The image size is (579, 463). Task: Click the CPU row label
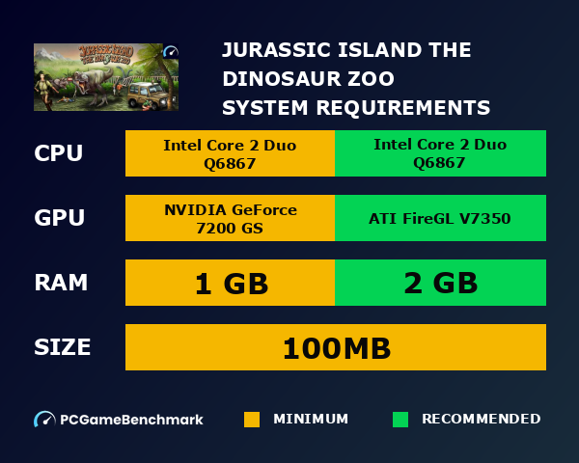(x=59, y=153)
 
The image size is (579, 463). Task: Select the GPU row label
(x=60, y=218)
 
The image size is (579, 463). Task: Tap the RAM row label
(x=61, y=283)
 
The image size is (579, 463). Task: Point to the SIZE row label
(x=63, y=346)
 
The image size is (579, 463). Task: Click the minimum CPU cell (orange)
(x=230, y=153)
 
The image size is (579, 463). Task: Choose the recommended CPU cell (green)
(x=440, y=153)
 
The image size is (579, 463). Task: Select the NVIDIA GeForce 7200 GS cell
(x=230, y=218)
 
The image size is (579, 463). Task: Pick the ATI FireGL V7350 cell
(x=440, y=218)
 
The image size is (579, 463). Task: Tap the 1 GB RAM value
(x=230, y=284)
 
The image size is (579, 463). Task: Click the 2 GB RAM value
(x=440, y=284)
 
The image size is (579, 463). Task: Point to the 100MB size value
(x=336, y=347)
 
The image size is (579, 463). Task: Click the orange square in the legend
(x=252, y=420)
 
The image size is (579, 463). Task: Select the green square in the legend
(x=400, y=420)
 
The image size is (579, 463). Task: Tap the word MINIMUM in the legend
(x=311, y=420)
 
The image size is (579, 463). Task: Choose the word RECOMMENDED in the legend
(x=481, y=420)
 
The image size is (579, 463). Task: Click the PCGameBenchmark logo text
(x=131, y=420)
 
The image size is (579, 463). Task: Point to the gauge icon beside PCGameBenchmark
(x=44, y=420)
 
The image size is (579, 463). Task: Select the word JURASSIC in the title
(x=282, y=50)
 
